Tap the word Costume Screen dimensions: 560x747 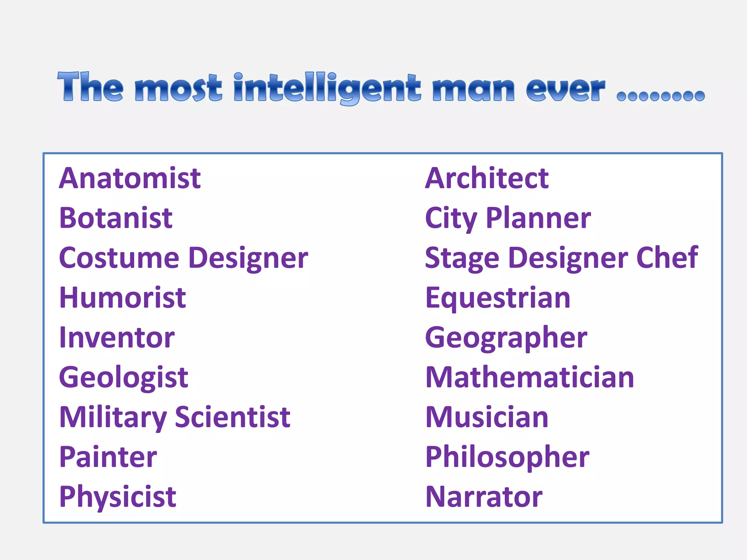tap(119, 258)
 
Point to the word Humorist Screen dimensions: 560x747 tap(123, 297)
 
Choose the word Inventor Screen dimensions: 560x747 tap(117, 338)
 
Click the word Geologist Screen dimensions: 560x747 tap(124, 378)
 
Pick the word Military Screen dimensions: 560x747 tap(113, 417)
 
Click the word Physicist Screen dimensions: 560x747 tap(118, 497)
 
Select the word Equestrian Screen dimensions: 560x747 tap(498, 298)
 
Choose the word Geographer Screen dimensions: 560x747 tap(506, 338)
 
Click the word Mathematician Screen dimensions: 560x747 tap(530, 377)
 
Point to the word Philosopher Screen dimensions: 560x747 tap(507, 457)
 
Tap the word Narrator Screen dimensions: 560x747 tap(484, 497)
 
